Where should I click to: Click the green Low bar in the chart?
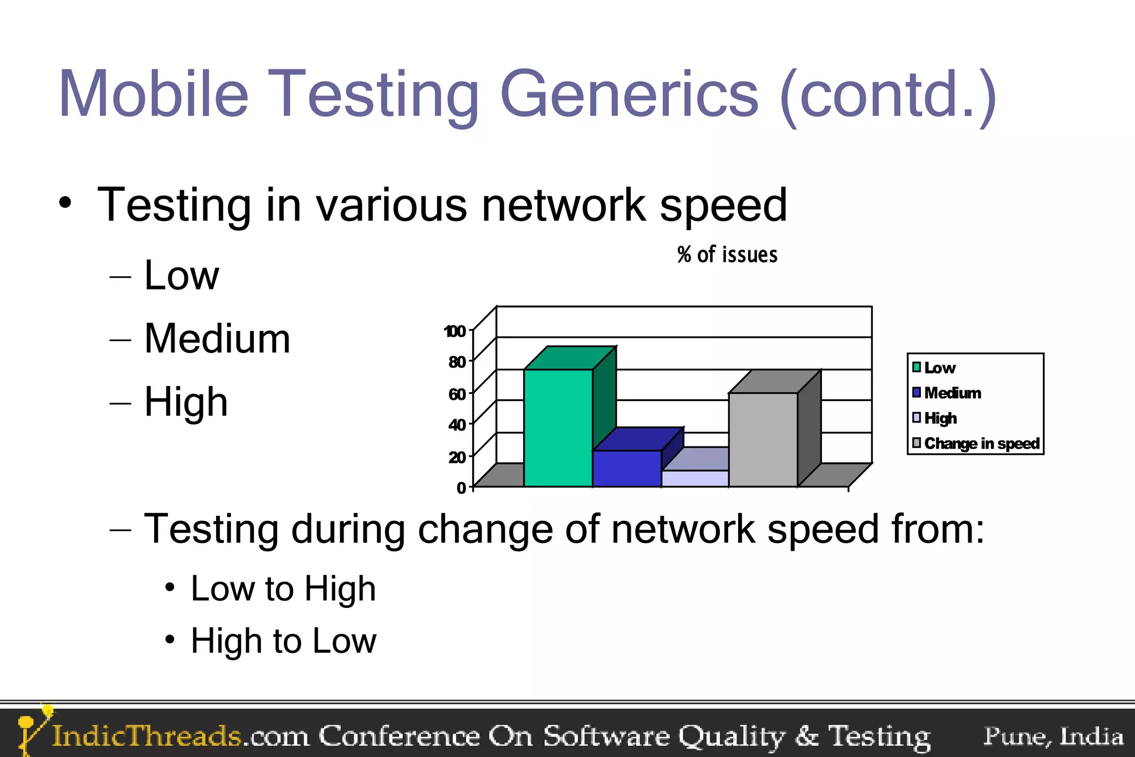pyautogui.click(x=558, y=428)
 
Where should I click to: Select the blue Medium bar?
pyautogui.click(x=627, y=469)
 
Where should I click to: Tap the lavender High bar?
pyautogui.click(x=695, y=478)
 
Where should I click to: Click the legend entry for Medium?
pyautogui.click(x=952, y=393)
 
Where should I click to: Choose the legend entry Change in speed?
pyautogui.click(x=981, y=444)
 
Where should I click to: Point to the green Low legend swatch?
pyautogui.click(x=917, y=368)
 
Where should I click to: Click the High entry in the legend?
pyautogui.click(x=940, y=418)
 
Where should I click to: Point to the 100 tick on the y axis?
pyautogui.click(x=454, y=331)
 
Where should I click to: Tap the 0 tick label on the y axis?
pyautogui.click(x=461, y=487)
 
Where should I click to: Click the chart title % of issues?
pyautogui.click(x=727, y=255)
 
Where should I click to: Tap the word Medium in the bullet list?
pyautogui.click(x=217, y=338)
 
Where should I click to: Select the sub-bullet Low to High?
pyautogui.click(x=283, y=588)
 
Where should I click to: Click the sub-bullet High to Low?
pyautogui.click(x=283, y=641)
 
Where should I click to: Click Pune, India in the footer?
pyautogui.click(x=1053, y=736)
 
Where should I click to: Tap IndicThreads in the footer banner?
pyautogui.click(x=146, y=736)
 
